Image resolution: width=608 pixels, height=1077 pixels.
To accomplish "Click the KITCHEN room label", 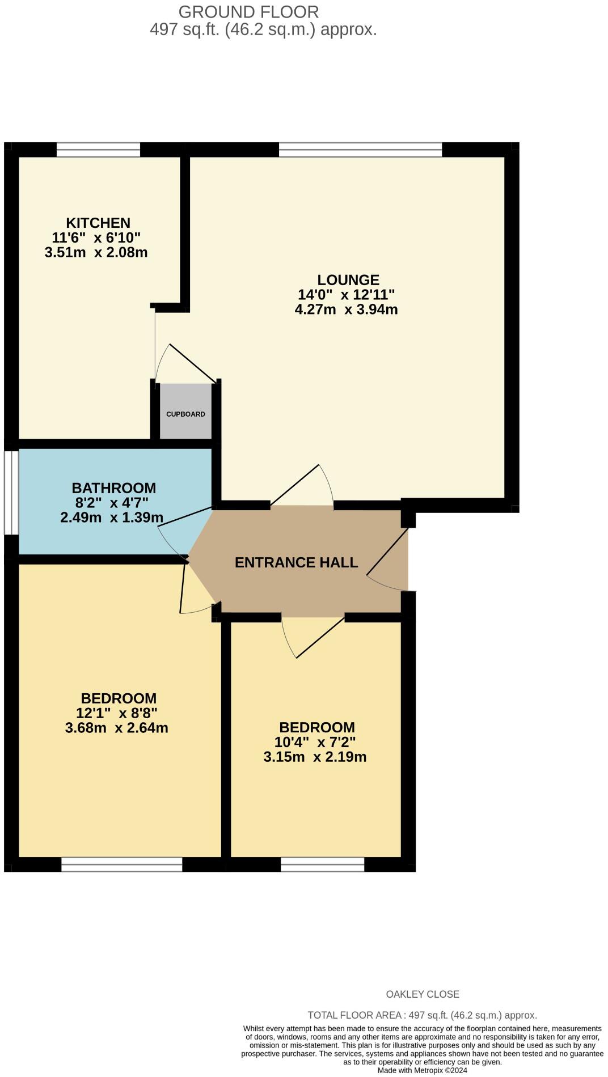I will coord(98,223).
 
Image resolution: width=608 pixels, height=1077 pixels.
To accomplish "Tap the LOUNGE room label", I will coord(348,280).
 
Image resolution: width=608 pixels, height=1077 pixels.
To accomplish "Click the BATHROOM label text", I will coord(113,488).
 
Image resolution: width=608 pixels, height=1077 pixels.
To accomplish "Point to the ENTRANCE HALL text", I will coord(296,563).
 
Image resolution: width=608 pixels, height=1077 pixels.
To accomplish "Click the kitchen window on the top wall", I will coord(98,150).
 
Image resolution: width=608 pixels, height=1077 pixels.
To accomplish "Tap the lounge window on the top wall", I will coord(360,150).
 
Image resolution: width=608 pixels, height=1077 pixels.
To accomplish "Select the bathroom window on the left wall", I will coord(11,492).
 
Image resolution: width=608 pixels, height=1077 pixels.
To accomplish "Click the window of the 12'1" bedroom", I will coord(121,864).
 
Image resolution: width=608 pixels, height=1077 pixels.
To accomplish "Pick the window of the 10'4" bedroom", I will coord(322,864).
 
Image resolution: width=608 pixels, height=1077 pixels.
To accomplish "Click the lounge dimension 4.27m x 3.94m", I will coord(346,309).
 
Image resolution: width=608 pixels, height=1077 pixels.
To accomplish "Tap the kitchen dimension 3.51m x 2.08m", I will coord(96,253).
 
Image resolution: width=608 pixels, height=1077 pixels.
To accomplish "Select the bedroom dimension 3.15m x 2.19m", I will coord(315,757).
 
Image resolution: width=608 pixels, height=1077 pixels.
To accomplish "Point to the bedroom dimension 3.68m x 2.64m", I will coord(116,728).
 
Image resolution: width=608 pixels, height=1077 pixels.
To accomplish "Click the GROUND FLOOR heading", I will coord(248,12).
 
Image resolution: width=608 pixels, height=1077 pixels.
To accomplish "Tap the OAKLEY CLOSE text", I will coord(422,994).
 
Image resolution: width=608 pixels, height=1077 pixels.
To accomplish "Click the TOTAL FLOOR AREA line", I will coord(422,1015).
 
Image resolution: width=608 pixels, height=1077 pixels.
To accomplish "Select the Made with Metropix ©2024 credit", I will coord(422,1070).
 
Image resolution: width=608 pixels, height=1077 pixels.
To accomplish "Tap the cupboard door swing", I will coord(184,363).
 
